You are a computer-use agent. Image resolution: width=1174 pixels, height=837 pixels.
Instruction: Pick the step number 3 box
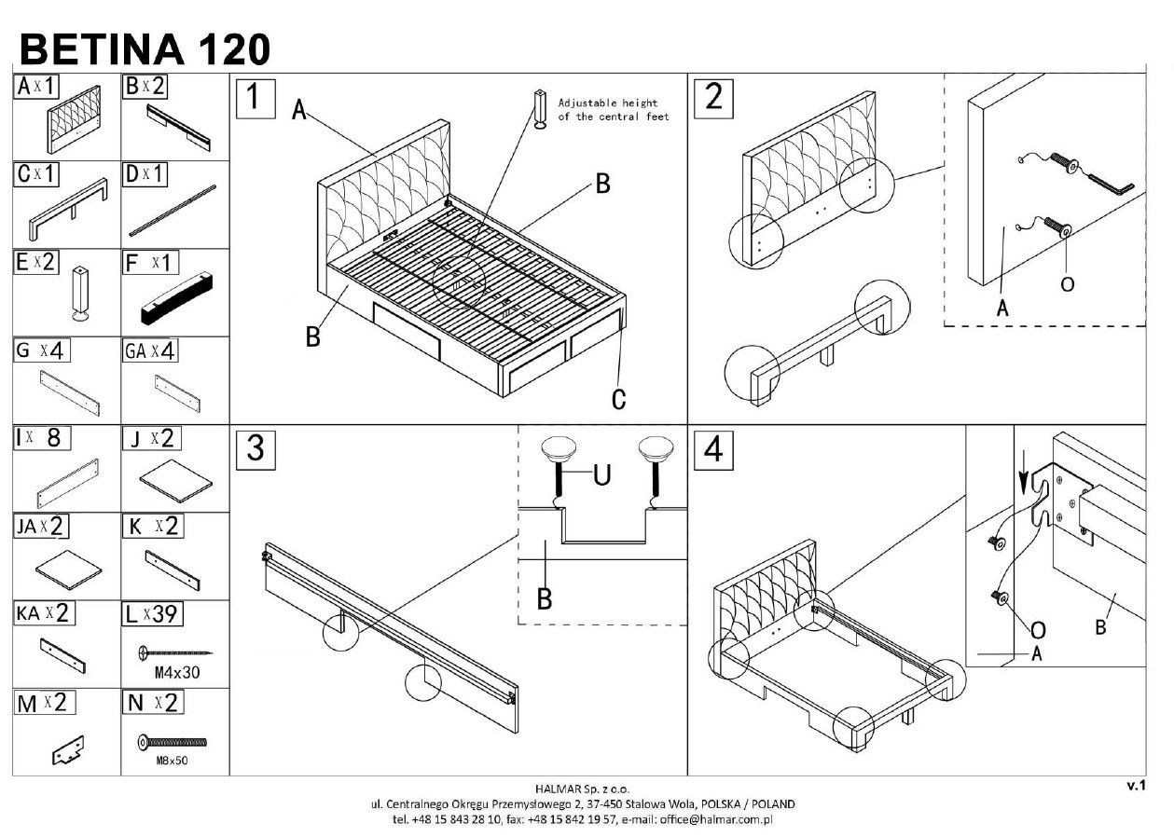[x=255, y=449]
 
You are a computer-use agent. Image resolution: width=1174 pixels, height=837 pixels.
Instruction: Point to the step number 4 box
[x=713, y=449]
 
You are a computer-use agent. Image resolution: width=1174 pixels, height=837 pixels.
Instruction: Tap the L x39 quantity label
[x=152, y=614]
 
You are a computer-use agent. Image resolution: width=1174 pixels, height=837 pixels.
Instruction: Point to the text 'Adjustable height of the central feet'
[x=613, y=110]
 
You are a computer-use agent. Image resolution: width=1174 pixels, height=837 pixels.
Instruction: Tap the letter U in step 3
[x=601, y=476]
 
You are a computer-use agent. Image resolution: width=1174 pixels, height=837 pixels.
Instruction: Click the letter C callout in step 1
[x=618, y=400]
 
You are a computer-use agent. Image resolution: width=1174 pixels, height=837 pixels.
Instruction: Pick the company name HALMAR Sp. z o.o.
[x=587, y=789]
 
